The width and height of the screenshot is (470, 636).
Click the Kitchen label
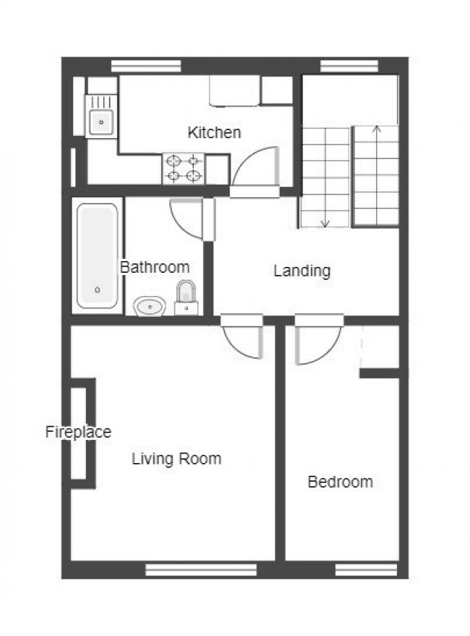[x=214, y=132]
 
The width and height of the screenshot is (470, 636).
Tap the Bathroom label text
[x=155, y=267]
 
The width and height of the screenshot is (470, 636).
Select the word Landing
[x=302, y=271]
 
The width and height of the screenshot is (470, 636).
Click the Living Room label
[x=176, y=458]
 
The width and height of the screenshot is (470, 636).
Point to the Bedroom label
[x=340, y=481]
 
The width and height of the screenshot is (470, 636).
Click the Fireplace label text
[x=78, y=432]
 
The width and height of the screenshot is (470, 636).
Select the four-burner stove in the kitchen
[x=183, y=168]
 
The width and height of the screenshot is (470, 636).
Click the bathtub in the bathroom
[x=98, y=256]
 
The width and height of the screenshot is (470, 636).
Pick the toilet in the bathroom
[x=187, y=297]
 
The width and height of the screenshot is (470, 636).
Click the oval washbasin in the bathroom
[x=150, y=306]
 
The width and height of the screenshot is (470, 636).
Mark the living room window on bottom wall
[x=201, y=570]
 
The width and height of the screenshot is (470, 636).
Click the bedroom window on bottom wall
[x=367, y=570]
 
